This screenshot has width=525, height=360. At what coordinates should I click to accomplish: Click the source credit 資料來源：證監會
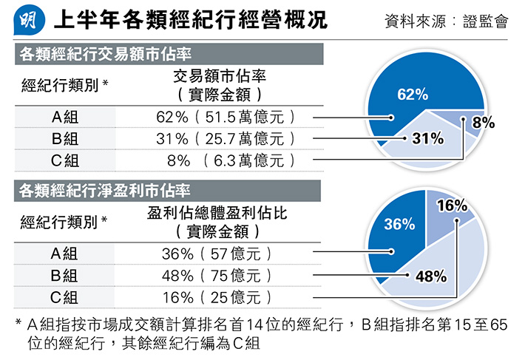446,21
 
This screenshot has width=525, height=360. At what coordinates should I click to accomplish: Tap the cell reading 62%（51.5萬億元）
226,117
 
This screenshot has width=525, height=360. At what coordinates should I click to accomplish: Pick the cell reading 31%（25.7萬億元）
226,138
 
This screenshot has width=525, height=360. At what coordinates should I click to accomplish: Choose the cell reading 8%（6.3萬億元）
226,160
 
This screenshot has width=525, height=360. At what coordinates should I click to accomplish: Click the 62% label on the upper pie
413,95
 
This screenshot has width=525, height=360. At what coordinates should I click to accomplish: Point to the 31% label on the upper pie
427,138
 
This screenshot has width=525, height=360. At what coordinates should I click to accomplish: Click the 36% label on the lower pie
399,224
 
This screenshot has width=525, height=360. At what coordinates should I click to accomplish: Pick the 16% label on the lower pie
452,206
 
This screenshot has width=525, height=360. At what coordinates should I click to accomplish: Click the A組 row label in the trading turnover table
64,117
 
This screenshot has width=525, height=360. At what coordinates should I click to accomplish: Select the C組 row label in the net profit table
64,297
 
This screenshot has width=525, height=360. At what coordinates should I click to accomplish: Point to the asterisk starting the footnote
18,324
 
